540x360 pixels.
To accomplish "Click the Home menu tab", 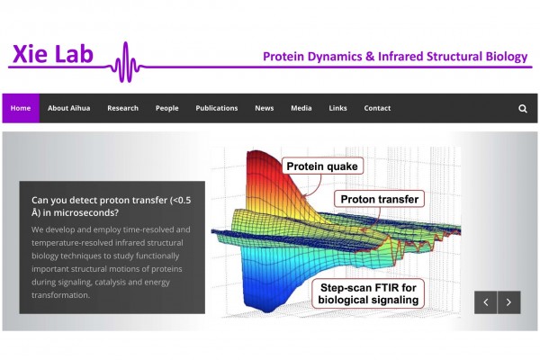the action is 21,108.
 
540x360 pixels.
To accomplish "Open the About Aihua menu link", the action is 69,108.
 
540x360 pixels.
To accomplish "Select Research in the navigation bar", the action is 122,108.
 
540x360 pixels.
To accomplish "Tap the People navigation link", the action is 167,108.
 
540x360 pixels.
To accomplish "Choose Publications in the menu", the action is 217,108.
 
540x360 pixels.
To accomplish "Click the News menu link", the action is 264,108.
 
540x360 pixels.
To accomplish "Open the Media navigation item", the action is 301,108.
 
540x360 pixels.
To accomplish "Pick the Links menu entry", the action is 337,108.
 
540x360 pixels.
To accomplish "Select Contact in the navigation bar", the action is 377,108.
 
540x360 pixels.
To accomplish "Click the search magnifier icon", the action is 523,109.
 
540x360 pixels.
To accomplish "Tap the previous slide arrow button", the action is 486,302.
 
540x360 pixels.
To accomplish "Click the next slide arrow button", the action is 509,302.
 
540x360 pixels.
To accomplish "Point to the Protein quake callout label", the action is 322,166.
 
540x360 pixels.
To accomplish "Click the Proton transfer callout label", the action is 379,199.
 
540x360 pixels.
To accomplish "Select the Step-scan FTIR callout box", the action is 368,293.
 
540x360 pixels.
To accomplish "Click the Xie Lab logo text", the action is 53,54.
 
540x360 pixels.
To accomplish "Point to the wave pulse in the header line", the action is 126,62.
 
